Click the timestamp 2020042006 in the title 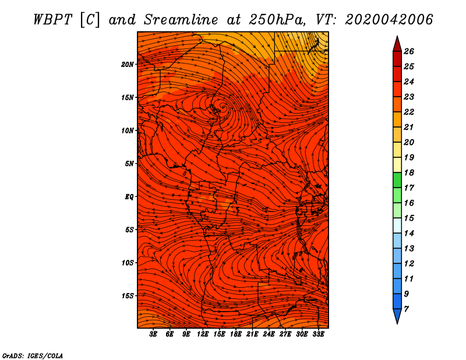click(389, 19)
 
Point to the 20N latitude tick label click(128, 64)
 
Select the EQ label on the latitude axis click(129, 196)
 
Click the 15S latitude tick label click(128, 295)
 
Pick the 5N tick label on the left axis click(129, 163)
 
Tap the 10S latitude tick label click(128, 263)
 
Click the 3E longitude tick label click(154, 334)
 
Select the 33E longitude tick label click(318, 334)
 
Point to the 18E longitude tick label click(236, 334)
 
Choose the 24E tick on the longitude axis click(269, 334)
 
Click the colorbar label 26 click(408, 51)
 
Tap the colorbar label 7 click(406, 308)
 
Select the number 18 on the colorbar click(408, 172)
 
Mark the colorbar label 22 click(408, 112)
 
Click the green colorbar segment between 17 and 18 click(397, 180)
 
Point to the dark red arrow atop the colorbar click(397, 44)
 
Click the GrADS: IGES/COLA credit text click(33, 355)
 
